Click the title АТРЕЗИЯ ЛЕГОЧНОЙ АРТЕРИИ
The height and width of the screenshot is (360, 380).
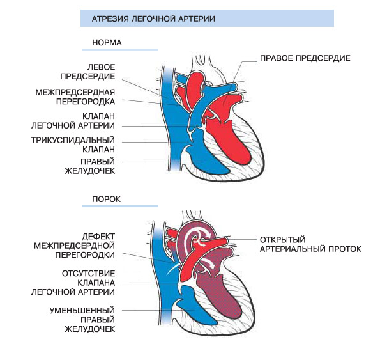(x=153, y=19)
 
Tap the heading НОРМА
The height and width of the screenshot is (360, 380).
(x=107, y=43)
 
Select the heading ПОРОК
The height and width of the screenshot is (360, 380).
(x=106, y=199)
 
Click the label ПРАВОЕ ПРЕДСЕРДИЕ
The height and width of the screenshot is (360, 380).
(x=305, y=58)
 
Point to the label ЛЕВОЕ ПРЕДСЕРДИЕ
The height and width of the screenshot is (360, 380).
(x=87, y=72)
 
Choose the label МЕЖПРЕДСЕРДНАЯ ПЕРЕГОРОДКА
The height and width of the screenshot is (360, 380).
(x=75, y=97)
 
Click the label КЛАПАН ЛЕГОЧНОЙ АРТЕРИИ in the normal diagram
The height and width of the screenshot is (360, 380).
(x=73, y=121)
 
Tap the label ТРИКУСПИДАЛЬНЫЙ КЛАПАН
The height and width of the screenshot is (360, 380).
(x=73, y=145)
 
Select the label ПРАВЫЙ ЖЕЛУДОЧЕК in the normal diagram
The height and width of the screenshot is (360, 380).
(x=89, y=166)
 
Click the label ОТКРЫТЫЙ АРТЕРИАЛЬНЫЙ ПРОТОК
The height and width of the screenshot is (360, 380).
(x=310, y=244)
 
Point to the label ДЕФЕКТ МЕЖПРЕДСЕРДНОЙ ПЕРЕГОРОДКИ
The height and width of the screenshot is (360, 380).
(x=74, y=246)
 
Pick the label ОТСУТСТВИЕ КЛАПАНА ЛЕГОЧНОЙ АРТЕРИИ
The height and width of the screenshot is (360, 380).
(x=73, y=283)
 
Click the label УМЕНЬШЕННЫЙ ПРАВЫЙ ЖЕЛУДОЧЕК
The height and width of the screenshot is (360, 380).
(x=82, y=320)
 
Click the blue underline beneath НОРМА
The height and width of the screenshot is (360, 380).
(x=120, y=50)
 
